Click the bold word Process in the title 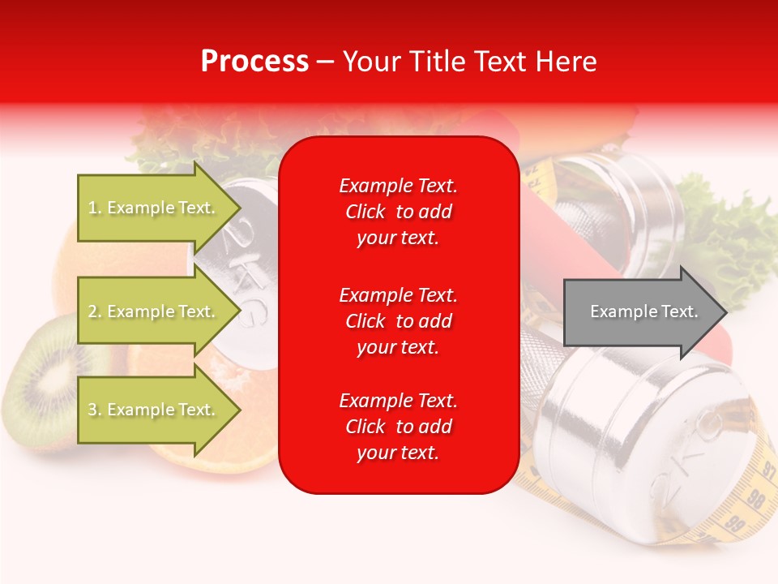coord(254,62)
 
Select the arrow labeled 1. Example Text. coord(154,208)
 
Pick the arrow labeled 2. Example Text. coord(154,311)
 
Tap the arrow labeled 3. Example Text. coord(154,410)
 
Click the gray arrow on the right coord(640,311)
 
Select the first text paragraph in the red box coord(398,212)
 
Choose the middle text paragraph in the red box coord(398,320)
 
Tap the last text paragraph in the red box coord(398,427)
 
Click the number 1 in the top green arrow coord(92,208)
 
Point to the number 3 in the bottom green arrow coord(92,410)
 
